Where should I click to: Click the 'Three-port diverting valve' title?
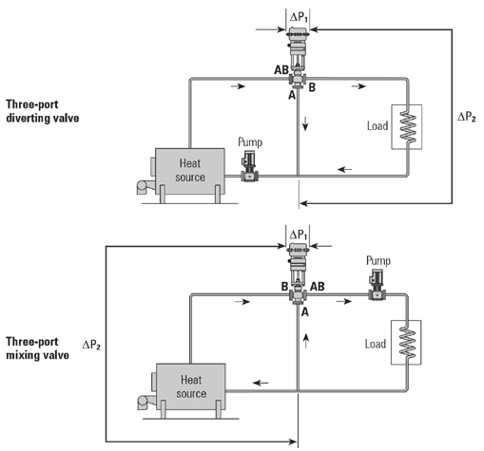point(42,111)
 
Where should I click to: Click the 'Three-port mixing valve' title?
point(39,347)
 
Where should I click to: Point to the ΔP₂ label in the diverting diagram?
point(467,116)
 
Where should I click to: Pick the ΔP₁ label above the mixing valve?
point(299,234)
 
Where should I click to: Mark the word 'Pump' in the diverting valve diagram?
point(251,142)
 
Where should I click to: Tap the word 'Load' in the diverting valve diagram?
point(378,125)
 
